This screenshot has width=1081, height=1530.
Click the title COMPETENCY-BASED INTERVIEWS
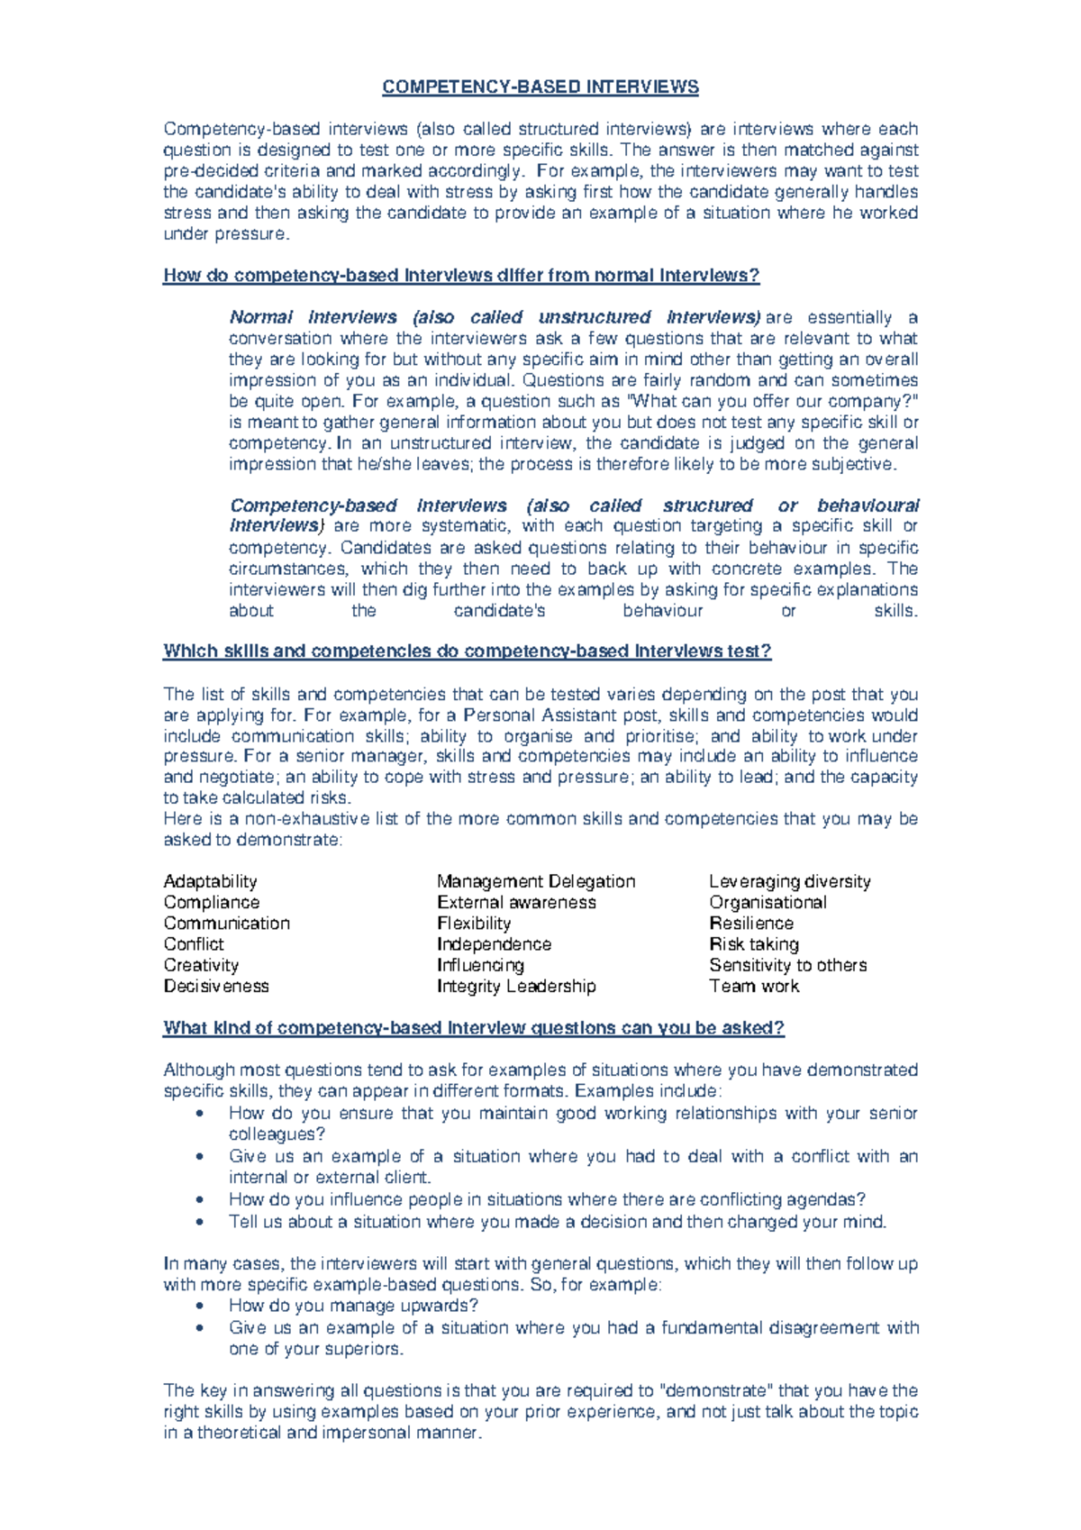540,87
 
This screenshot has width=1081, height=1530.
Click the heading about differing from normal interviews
461,276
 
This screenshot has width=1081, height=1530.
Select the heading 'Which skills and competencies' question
467,651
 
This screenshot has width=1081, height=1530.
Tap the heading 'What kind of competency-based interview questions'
474,1028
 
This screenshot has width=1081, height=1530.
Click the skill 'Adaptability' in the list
210,881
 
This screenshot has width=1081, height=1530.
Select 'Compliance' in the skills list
211,902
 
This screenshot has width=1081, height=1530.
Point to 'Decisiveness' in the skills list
216,986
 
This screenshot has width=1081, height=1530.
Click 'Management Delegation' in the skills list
536,881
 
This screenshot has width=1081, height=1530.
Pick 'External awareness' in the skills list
516,902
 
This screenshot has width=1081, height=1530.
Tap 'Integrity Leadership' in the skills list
516,986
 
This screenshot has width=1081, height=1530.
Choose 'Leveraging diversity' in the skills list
789,881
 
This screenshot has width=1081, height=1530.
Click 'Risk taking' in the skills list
753,944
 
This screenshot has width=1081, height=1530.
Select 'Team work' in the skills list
753,986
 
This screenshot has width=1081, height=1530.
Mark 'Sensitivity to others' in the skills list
787,965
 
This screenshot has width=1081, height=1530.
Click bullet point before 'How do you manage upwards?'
199,1307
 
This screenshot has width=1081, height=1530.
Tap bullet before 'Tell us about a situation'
199,1223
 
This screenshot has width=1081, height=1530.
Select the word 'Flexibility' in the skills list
474,924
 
